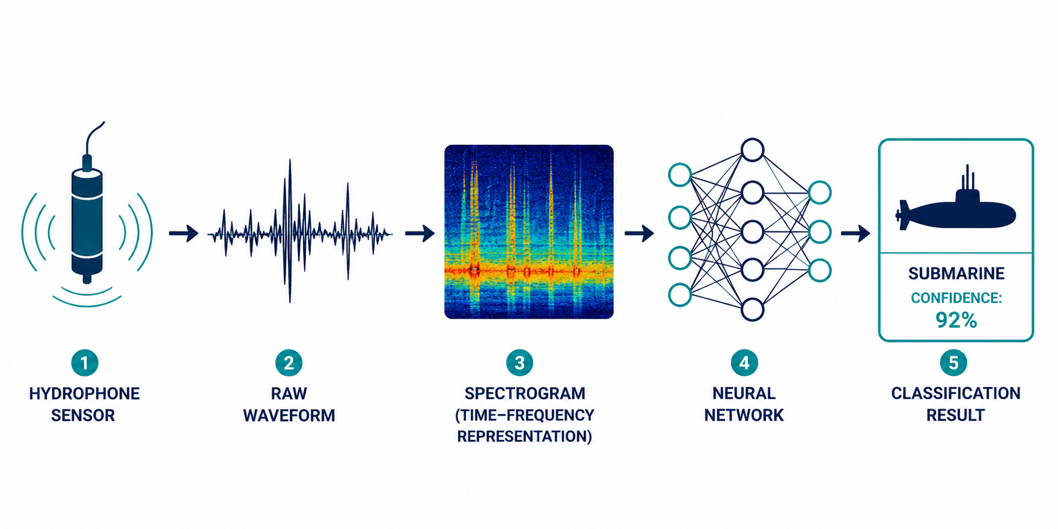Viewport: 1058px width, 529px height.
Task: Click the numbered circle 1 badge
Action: pos(85,363)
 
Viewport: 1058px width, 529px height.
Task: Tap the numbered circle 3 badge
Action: pos(519,363)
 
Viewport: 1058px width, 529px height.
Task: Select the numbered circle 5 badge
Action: pos(954,363)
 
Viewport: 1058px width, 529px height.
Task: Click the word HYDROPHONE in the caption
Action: pos(85,394)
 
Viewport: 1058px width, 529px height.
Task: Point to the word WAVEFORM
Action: pos(289,415)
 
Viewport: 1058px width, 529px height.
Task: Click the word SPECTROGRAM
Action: pos(525,394)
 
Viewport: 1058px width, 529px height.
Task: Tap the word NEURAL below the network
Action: pos(744,394)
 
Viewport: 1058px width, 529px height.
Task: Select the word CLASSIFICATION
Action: pos(955,394)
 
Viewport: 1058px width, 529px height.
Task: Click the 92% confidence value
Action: pos(956,321)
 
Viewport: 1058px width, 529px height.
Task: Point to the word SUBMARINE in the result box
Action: pos(956,274)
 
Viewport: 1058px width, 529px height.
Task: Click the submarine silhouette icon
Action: pos(955,206)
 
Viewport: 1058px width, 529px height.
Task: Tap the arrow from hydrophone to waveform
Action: pos(183,233)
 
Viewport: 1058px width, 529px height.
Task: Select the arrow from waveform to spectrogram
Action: pos(419,233)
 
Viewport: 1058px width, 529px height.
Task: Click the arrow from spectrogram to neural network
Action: pos(639,233)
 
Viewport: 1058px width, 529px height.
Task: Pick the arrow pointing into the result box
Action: pos(855,233)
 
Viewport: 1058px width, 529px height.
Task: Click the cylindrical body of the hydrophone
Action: pos(87,221)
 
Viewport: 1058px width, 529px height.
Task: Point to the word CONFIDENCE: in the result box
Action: pos(956,298)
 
